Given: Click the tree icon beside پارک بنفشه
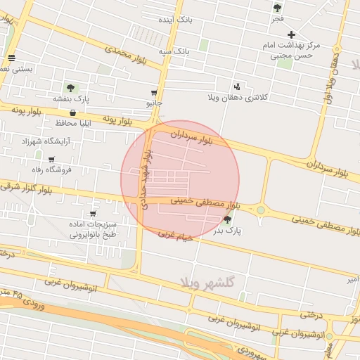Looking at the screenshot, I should (70, 87).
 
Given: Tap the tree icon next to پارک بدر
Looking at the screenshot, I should (226, 219).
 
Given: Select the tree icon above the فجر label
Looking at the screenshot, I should (277, 8).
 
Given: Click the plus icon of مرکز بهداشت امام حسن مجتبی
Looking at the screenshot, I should (291, 34).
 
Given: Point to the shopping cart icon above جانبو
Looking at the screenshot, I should (154, 92).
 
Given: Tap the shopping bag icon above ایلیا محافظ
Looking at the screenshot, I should (73, 112).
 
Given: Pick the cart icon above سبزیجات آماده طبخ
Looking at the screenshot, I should (93, 213).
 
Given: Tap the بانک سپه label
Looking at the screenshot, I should (174, 51).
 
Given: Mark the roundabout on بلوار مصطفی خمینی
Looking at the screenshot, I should (261, 210).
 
